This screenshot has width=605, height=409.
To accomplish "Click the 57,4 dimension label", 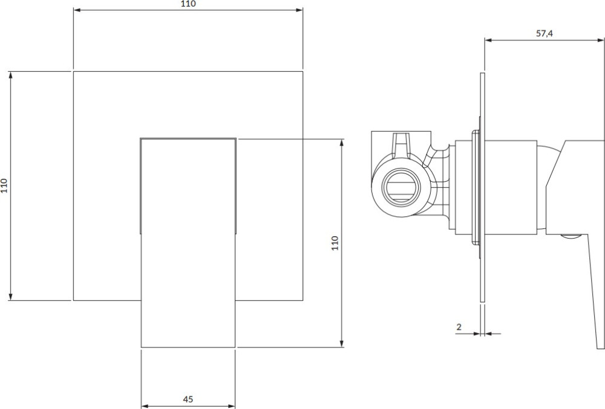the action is point(544,33).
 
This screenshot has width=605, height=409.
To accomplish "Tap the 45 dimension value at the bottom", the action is point(188,399).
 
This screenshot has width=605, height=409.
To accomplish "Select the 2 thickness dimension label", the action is point(459,327).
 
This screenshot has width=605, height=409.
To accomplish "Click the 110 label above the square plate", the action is point(188,4).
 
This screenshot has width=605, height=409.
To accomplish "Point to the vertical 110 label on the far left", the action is point(4,185).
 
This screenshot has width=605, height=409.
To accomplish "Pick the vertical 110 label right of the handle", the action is point(335,243).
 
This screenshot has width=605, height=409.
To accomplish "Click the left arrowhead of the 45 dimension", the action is point(145,406).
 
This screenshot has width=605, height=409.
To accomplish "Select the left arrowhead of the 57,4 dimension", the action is point(488,40).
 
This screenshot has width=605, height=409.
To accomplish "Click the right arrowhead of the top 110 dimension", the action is point(299,10).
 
